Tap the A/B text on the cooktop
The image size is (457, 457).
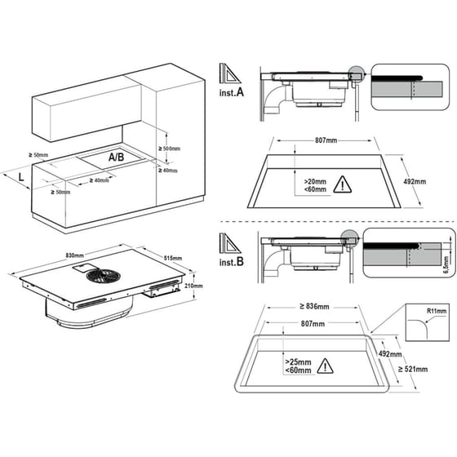point(116,156)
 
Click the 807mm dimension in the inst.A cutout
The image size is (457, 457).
point(326,140)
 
